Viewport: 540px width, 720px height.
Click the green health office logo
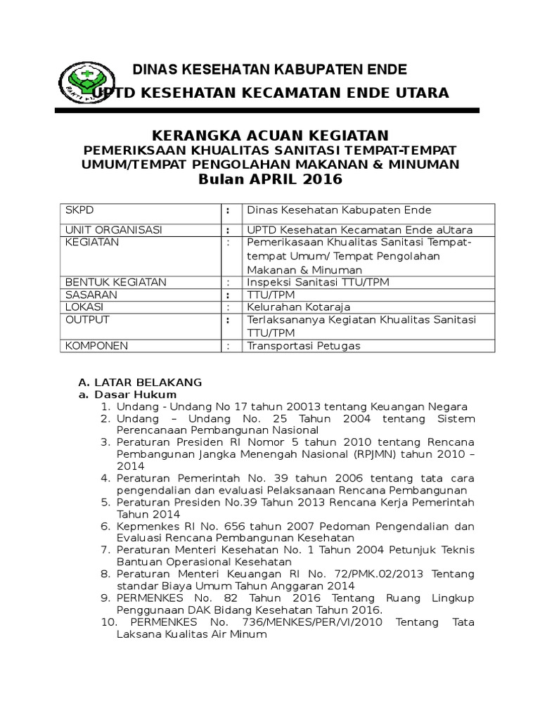coord(83,82)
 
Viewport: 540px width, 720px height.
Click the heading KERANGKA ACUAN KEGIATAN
coord(271,135)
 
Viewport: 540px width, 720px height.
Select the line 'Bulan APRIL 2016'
coord(271,179)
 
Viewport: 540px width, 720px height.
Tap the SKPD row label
coord(79,210)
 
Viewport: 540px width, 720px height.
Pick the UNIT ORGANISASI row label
coord(113,230)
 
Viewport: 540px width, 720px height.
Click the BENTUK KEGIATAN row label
coord(115,282)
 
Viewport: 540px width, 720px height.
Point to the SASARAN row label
coord(91,295)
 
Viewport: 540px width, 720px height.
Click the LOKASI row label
coord(84,307)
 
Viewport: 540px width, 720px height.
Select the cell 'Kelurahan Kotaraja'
coord(298,308)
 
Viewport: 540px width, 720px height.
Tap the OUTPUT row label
coord(87,320)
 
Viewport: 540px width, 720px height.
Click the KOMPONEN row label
coord(96,346)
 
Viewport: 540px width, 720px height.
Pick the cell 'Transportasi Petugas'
coord(303,346)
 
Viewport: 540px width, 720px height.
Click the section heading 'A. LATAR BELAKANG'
coord(139,382)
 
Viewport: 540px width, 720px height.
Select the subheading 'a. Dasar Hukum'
coord(127,395)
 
